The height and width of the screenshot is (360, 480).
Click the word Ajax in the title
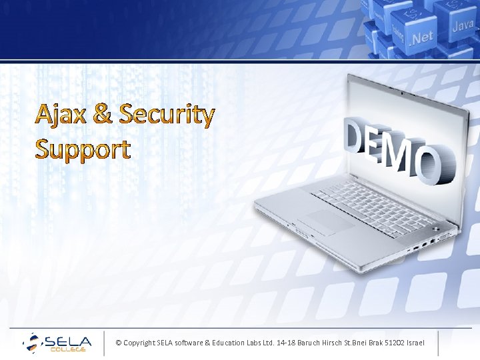61,115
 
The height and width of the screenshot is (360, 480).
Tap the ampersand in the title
103,115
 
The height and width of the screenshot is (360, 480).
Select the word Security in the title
167,115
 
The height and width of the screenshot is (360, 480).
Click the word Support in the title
83,149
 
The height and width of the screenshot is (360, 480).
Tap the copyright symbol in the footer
118,343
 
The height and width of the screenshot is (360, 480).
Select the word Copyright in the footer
139,343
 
